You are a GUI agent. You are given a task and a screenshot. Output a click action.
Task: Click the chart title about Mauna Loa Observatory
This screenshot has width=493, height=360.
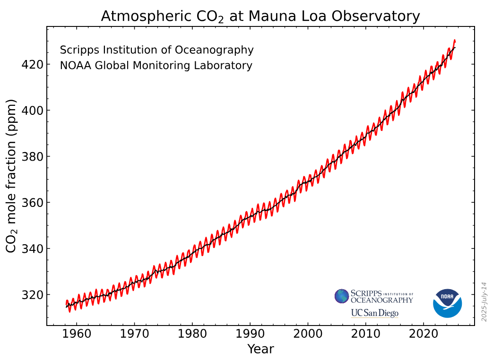tap(260, 17)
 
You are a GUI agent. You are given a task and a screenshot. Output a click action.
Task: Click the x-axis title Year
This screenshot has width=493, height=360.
tap(260, 349)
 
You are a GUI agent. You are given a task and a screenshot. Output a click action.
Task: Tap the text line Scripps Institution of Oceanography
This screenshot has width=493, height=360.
tap(156, 50)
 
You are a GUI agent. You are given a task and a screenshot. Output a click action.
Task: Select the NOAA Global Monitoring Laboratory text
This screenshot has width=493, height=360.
tap(156, 66)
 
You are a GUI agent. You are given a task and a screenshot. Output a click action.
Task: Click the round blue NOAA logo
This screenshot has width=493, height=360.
tap(447, 303)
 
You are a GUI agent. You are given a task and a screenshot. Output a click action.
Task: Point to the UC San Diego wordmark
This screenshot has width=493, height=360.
tap(374, 313)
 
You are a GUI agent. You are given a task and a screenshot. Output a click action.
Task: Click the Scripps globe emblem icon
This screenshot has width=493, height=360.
tap(342, 296)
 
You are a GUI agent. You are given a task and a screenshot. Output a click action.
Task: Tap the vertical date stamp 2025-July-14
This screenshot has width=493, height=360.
tap(484, 301)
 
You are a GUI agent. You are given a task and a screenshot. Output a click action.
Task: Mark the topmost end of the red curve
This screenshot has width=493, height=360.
tap(454, 40)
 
